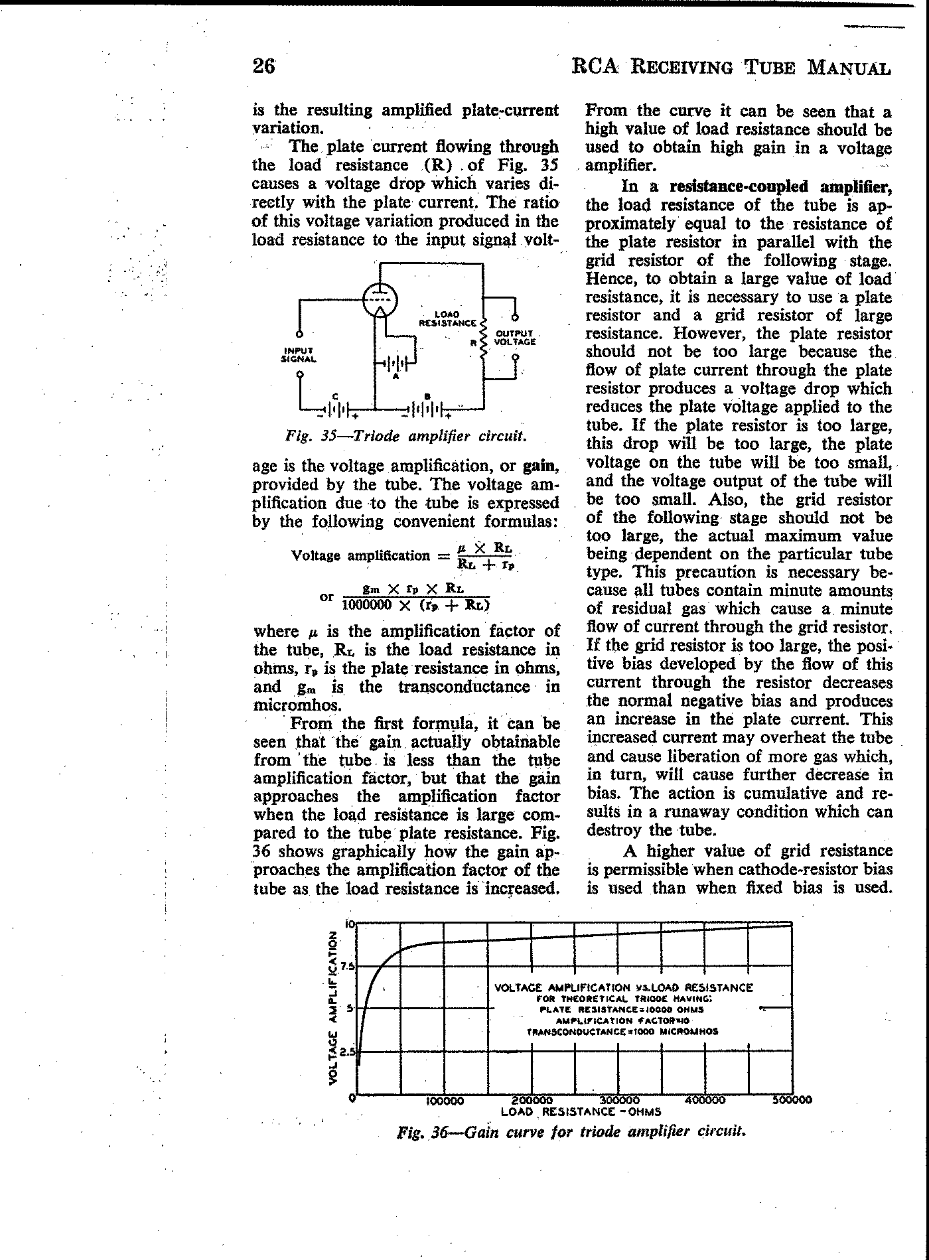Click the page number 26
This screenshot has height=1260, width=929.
[263, 66]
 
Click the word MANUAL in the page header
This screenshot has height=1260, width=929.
[849, 68]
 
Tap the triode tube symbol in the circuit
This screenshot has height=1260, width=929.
[379, 301]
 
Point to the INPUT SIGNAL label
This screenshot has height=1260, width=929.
[299, 354]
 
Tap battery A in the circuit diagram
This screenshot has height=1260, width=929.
[396, 364]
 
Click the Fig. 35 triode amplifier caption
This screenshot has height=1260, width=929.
[407, 437]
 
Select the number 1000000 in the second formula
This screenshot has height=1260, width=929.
[367, 604]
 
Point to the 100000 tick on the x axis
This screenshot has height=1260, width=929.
[444, 1100]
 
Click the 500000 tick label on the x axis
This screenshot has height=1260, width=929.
[792, 1099]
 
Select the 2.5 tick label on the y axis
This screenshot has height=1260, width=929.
[346, 1052]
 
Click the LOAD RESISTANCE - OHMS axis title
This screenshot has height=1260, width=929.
[581, 1111]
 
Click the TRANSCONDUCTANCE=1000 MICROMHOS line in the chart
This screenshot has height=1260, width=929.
[622, 1032]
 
